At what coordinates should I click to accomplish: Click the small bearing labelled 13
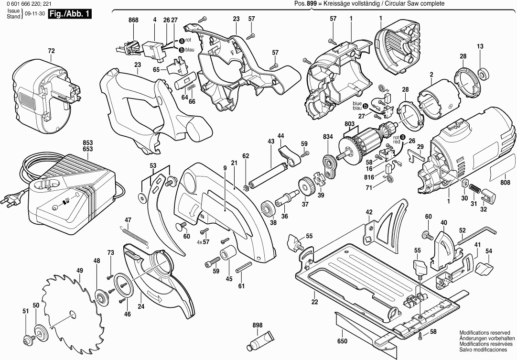[483, 73]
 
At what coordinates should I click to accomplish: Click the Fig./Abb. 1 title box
[70, 14]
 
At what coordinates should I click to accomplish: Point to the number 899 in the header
[312, 4]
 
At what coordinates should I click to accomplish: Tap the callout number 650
[342, 341]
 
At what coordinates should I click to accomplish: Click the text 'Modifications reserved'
[485, 333]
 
